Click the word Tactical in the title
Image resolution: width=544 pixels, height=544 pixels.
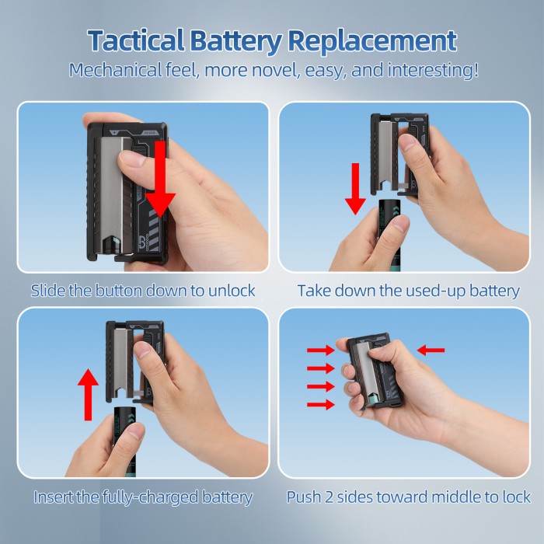point(136,40)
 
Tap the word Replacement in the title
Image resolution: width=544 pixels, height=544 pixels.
point(372,41)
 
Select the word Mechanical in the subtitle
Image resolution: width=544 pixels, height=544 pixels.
point(115,70)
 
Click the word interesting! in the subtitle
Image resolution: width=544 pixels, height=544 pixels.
point(433,71)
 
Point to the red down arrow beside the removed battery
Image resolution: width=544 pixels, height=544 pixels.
point(355,189)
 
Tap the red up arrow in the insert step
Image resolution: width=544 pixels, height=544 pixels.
point(88,395)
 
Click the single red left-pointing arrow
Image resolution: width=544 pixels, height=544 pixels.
point(431,350)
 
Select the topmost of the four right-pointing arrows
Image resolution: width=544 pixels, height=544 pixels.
point(320,350)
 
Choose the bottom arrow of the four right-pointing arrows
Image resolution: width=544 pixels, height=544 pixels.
point(320,404)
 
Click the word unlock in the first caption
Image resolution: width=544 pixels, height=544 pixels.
point(232,291)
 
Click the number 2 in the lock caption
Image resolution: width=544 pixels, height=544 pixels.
point(330,497)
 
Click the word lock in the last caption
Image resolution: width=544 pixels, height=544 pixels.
point(517,497)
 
